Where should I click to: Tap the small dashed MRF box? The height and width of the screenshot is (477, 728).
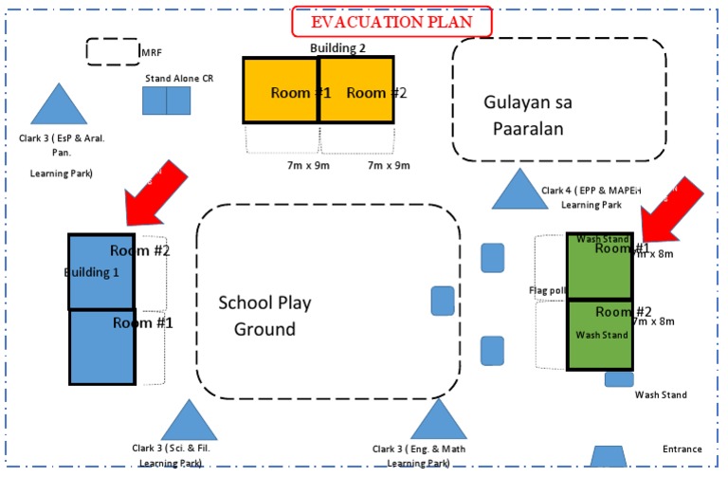(x=113, y=51)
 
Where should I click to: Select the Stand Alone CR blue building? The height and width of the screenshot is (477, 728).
(x=167, y=101)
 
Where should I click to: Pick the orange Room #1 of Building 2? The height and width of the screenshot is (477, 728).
(x=280, y=90)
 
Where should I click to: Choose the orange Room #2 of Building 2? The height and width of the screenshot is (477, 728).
(x=355, y=90)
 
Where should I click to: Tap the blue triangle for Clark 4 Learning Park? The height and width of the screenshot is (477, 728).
(x=518, y=191)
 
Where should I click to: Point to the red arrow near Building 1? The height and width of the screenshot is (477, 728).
(x=153, y=193)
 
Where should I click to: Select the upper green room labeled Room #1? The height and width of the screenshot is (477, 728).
(x=599, y=266)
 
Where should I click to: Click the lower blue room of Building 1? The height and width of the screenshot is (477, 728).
(x=101, y=347)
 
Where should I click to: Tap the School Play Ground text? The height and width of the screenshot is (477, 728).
(x=264, y=316)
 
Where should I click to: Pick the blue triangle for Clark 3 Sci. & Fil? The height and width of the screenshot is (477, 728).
(x=190, y=421)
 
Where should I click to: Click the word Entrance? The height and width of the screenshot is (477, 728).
(x=682, y=449)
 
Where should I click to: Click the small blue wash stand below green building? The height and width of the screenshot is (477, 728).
(x=619, y=379)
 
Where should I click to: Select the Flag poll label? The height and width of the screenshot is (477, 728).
(x=547, y=290)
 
